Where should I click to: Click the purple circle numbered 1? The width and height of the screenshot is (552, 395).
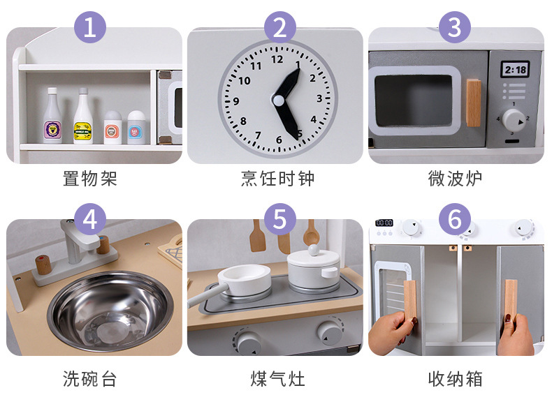tap(90, 28)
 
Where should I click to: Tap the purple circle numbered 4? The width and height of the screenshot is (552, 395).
tap(90, 219)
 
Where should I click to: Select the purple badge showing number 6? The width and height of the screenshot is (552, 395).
tap(455, 219)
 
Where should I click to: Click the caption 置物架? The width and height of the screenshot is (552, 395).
tap(90, 179)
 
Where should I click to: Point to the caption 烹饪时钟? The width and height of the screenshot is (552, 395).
tap(277, 179)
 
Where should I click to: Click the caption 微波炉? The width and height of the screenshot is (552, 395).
tap(455, 179)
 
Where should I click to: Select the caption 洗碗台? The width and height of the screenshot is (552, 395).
tap(90, 379)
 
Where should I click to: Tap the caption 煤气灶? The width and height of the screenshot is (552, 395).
tap(277, 379)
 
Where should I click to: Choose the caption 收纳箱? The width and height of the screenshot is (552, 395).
tap(455, 379)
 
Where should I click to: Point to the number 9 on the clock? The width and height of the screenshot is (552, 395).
tap(236, 100)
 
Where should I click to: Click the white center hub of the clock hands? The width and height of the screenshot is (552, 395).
tap(279, 100)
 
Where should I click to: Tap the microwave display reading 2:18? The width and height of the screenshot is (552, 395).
tap(516, 69)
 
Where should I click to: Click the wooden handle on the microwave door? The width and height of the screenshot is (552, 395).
tap(474, 103)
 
